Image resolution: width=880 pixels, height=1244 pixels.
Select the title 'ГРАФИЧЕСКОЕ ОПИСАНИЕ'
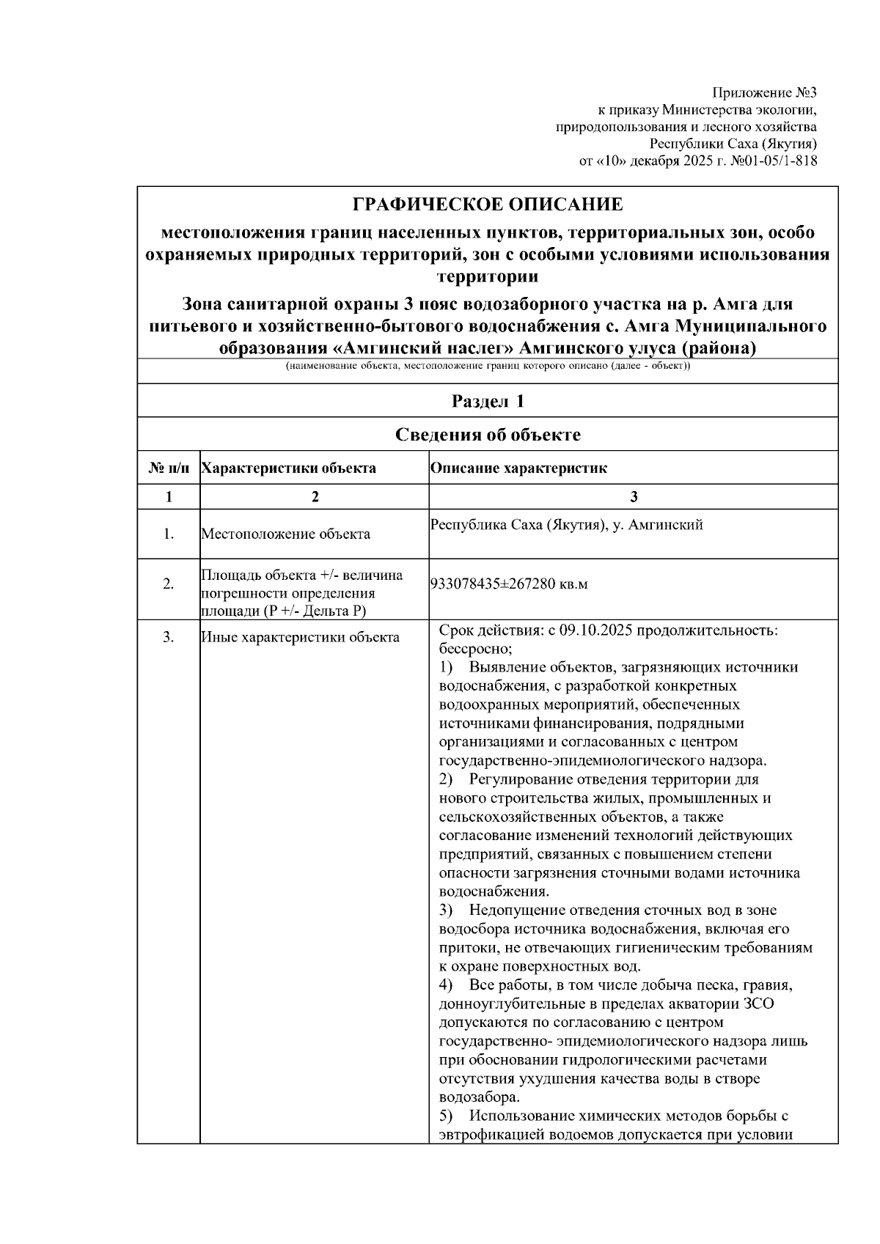488,205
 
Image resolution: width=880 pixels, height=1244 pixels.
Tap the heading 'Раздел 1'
488,401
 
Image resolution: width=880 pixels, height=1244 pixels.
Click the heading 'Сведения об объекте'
488,435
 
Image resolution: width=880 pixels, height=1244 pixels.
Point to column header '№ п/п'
169,468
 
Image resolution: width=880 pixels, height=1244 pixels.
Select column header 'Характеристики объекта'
288,468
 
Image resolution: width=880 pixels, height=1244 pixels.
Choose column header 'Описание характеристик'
518,468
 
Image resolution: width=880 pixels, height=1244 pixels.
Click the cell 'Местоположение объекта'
285,534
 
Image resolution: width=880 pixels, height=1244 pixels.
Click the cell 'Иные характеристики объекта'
300,637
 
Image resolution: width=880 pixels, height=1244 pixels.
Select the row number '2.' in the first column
169,584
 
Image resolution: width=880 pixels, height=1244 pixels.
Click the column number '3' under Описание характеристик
634,496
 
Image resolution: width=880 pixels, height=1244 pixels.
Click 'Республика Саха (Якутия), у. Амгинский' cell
566,525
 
